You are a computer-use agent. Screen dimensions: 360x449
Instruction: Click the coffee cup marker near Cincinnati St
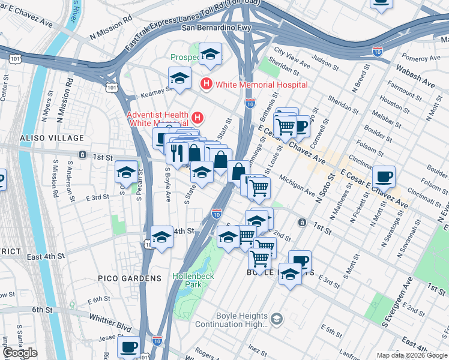pos(384,177)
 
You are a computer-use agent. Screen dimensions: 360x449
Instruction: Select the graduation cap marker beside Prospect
pos(210,55)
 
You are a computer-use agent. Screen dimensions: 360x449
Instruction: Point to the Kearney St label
pos(155,93)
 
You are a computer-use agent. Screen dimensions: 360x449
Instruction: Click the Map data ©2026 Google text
pos(411,355)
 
